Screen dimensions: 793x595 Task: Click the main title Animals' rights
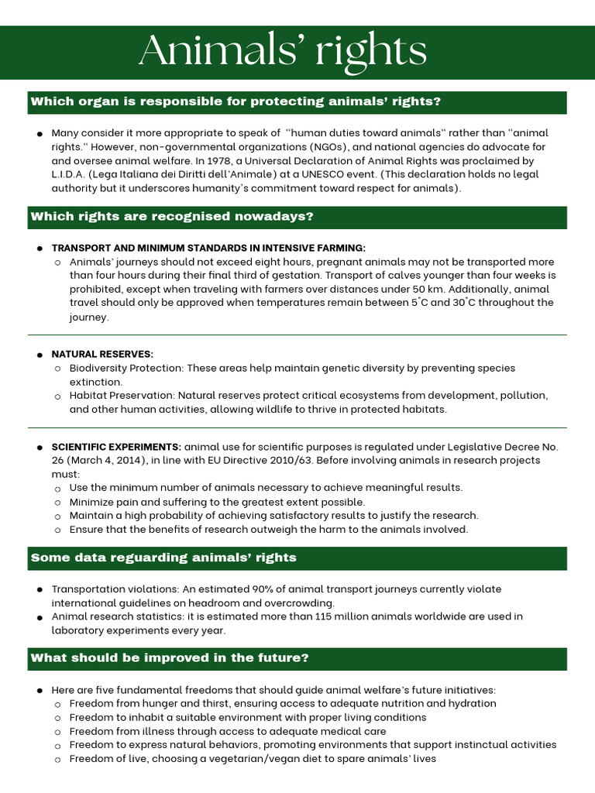tap(283, 53)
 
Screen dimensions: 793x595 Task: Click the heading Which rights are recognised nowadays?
tap(172, 217)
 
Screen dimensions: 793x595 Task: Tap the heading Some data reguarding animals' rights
tap(163, 558)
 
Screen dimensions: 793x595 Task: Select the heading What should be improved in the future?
tap(170, 658)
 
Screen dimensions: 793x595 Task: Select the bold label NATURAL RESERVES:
tap(102, 354)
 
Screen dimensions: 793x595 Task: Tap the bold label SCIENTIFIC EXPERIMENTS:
tap(116, 447)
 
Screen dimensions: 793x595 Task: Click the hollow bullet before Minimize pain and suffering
tap(58, 503)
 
